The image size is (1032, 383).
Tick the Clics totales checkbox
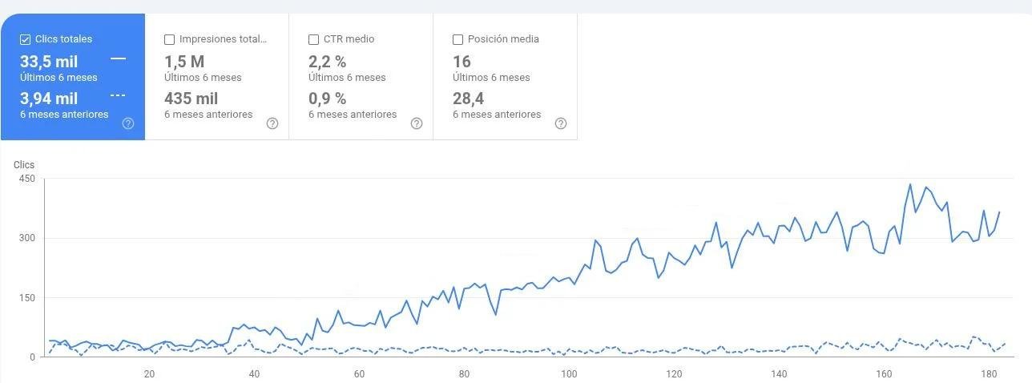(25, 39)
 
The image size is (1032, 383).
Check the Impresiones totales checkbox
(169, 39)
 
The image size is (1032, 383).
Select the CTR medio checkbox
(313, 39)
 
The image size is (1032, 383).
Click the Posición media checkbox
(458, 39)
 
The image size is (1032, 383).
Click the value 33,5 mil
(49, 62)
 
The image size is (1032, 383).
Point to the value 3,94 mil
(49, 99)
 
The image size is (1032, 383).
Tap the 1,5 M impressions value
(184, 62)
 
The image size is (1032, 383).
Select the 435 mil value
(191, 99)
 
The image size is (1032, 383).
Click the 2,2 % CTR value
(327, 62)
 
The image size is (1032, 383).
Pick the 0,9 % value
(327, 99)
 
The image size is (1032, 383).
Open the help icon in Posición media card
(561, 123)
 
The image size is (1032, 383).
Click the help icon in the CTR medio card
(417, 123)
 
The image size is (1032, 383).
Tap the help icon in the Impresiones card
(272, 123)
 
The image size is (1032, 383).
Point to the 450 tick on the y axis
(26, 179)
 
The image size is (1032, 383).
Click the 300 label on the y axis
(26, 238)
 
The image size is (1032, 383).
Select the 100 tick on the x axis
(569, 373)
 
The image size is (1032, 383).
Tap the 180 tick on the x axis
(989, 373)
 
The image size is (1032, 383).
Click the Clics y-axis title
(24, 164)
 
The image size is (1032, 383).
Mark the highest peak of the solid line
(909, 184)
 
